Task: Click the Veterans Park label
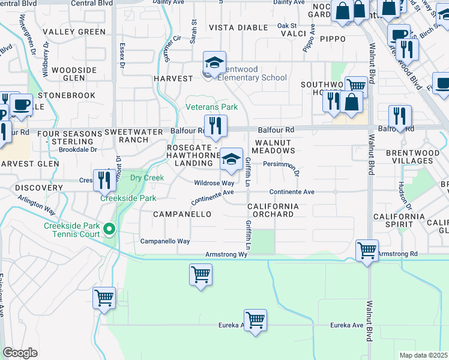click(x=211, y=107)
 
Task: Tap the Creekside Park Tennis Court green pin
click(x=109, y=229)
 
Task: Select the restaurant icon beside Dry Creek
click(x=104, y=179)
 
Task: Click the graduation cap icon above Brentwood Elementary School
click(x=214, y=62)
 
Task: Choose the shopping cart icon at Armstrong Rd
click(x=367, y=250)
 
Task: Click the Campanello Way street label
click(x=165, y=241)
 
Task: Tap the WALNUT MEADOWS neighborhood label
click(x=273, y=146)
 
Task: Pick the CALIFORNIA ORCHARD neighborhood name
click(x=273, y=210)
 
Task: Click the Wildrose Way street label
click(x=214, y=183)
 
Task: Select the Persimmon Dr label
click(x=280, y=163)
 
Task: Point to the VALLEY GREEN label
click(x=74, y=32)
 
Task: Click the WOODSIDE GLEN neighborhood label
click(x=74, y=74)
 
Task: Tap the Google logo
click(x=20, y=353)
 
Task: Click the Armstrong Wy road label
click(x=226, y=255)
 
